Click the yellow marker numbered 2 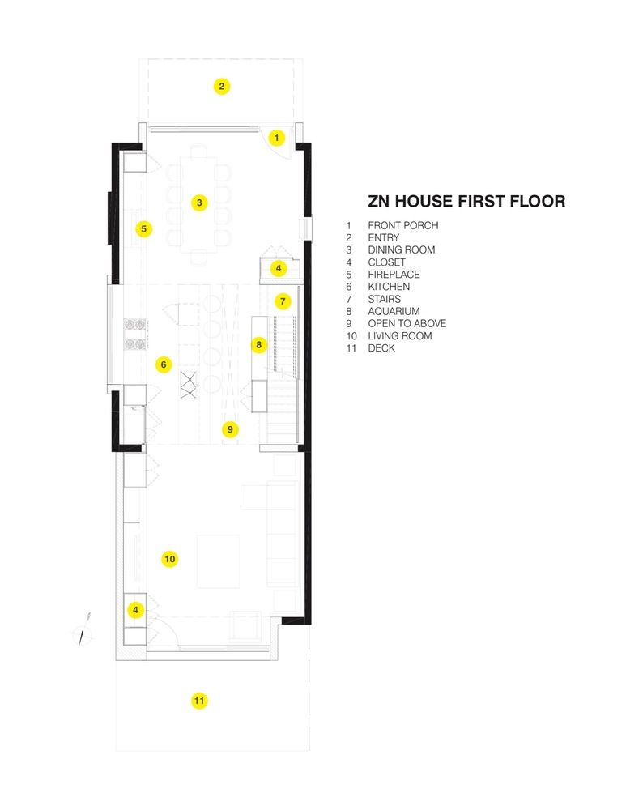pyautogui.click(x=222, y=87)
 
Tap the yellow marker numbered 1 pyautogui.click(x=277, y=138)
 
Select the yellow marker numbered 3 pyautogui.click(x=199, y=202)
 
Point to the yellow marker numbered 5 pyautogui.click(x=143, y=228)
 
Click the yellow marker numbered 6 pyautogui.click(x=164, y=364)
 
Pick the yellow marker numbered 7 pyautogui.click(x=283, y=301)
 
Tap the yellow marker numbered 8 pyautogui.click(x=259, y=344)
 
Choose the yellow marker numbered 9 pyautogui.click(x=230, y=429)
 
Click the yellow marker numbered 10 pyautogui.click(x=170, y=558)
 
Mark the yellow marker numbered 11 pyautogui.click(x=199, y=701)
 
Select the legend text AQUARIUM pyautogui.click(x=394, y=311)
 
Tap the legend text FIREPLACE pyautogui.click(x=394, y=275)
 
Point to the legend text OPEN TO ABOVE pyautogui.click(x=407, y=323)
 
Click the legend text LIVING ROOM pyautogui.click(x=400, y=336)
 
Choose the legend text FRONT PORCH pyautogui.click(x=402, y=225)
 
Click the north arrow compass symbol pyautogui.click(x=83, y=630)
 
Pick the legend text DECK pyautogui.click(x=381, y=348)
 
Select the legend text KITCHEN pyautogui.click(x=389, y=287)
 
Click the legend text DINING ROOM pyautogui.click(x=402, y=249)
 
